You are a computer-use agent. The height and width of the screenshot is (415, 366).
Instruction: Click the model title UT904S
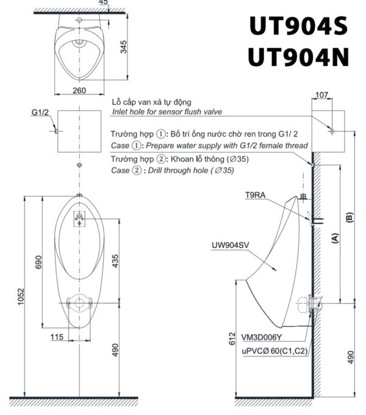298,27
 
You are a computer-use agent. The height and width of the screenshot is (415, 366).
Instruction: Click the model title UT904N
298,57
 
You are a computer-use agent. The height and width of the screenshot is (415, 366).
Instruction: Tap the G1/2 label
41,113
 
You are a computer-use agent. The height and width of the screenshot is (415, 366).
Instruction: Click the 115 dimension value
57,336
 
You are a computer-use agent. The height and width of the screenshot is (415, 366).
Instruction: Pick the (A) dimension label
335,239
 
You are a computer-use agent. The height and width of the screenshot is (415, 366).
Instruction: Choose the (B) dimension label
350,218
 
